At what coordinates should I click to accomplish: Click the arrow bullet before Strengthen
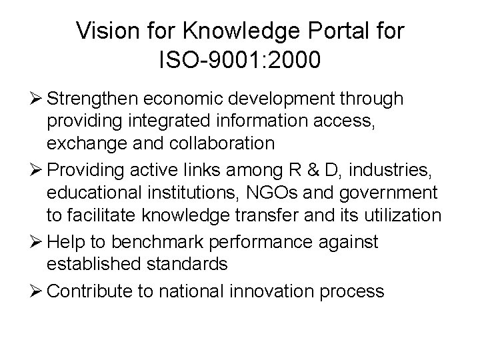pyautogui.click(x=37, y=99)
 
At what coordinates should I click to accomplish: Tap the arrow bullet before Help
pyautogui.click(x=37, y=243)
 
